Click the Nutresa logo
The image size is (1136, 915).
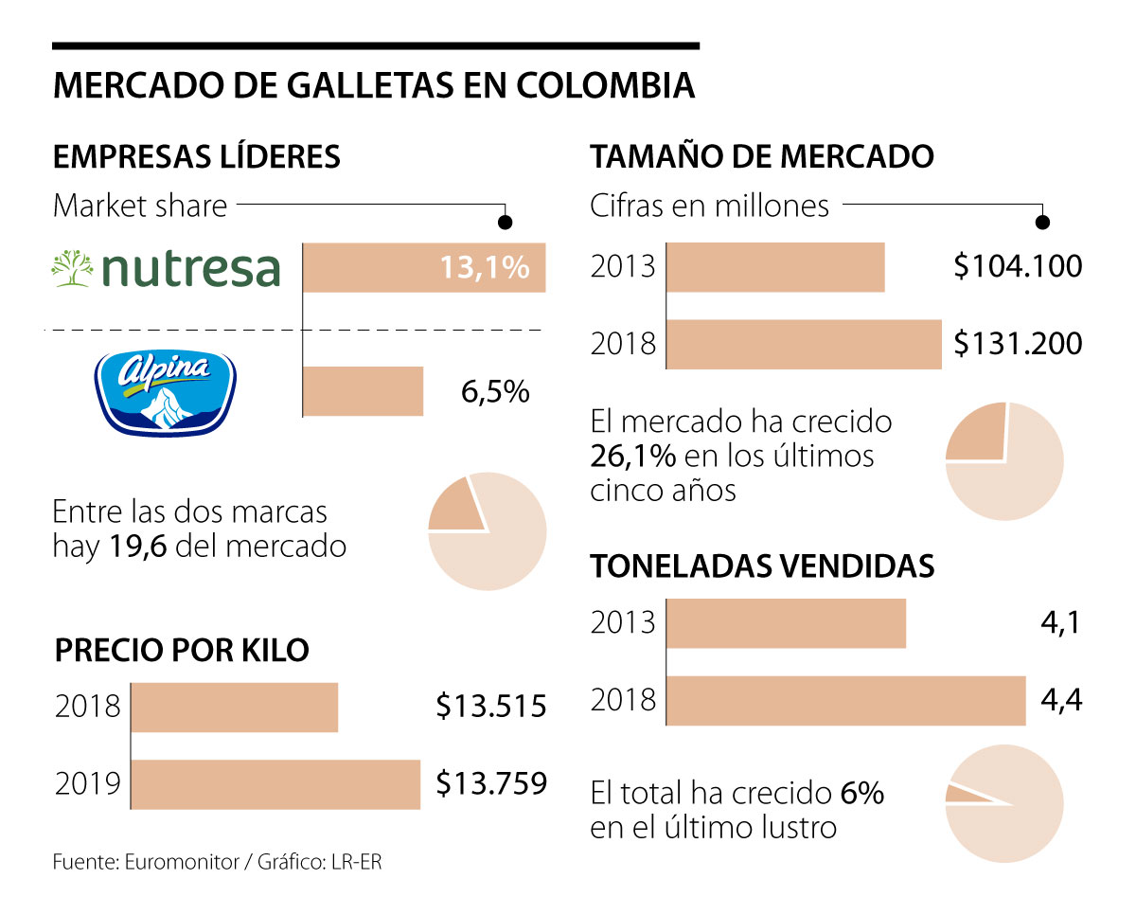167,267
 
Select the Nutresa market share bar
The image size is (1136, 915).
423,267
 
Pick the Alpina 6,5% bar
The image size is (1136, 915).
363,391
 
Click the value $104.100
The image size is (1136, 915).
1018,266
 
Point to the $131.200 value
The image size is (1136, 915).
1018,343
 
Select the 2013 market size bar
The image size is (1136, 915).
775,267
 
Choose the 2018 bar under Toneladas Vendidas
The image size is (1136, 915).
846,701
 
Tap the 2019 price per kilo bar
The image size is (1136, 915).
275,784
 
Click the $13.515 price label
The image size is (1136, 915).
491,707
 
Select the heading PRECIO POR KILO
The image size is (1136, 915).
182,651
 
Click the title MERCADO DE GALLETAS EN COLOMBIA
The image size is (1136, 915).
374,85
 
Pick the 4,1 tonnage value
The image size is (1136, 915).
1059,623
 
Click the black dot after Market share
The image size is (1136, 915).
506,222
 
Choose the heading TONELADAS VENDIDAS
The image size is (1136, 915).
762,566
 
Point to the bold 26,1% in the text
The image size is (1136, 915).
632,456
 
